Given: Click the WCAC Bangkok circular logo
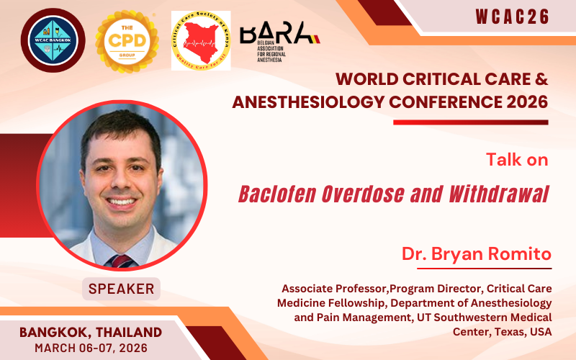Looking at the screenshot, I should [53, 40].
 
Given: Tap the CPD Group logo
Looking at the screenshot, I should [127, 40].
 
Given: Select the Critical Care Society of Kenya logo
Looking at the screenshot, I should [201, 40].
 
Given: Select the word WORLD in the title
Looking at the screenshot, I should [363, 78].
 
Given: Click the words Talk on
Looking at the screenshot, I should [517, 159].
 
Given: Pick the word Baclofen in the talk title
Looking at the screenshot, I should [274, 194].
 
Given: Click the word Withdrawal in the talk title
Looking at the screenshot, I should [500, 194].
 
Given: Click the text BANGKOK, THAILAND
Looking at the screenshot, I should [91, 332].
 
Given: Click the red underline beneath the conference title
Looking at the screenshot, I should [471, 122].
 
